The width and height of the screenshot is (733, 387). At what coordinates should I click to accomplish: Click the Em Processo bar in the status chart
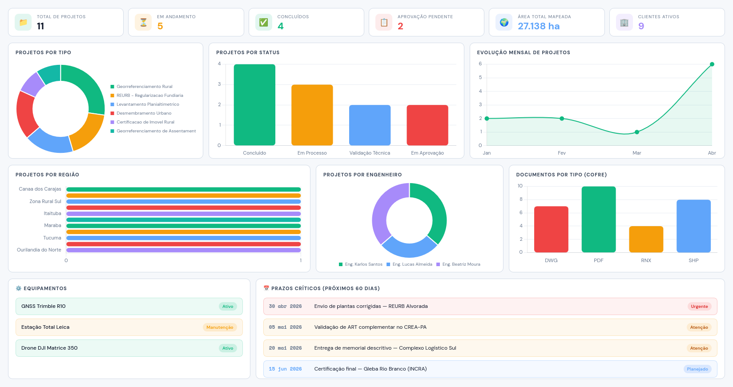click(x=312, y=115)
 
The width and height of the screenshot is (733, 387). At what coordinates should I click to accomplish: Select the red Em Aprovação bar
click(x=427, y=125)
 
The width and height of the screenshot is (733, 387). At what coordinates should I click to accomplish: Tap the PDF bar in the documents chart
click(x=599, y=219)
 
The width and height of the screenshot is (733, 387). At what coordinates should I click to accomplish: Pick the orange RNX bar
click(x=646, y=239)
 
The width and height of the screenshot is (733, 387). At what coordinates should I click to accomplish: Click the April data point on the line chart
click(x=712, y=64)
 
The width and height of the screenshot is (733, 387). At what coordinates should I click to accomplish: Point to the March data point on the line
click(x=637, y=132)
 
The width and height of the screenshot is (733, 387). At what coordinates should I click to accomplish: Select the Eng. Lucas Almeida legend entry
click(x=409, y=264)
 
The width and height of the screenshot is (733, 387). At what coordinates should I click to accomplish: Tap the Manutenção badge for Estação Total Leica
click(x=220, y=327)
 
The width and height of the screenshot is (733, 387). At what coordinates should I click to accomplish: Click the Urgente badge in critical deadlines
click(x=699, y=306)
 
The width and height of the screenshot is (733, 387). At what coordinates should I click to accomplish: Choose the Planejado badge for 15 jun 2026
click(x=697, y=369)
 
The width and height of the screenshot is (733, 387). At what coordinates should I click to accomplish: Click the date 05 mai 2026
click(x=286, y=327)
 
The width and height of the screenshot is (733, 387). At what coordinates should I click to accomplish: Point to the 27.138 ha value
click(x=539, y=26)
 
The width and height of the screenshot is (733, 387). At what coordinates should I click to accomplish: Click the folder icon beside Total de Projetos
click(x=23, y=22)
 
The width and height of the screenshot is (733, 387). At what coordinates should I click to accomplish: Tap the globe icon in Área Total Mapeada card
click(x=504, y=22)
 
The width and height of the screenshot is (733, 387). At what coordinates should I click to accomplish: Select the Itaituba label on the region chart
click(x=52, y=213)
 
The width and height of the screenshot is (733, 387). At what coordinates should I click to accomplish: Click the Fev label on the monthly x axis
click(x=561, y=153)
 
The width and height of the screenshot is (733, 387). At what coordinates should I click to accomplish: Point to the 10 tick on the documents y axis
click(x=520, y=186)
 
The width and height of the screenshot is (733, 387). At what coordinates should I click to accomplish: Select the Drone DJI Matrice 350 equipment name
click(x=49, y=348)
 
